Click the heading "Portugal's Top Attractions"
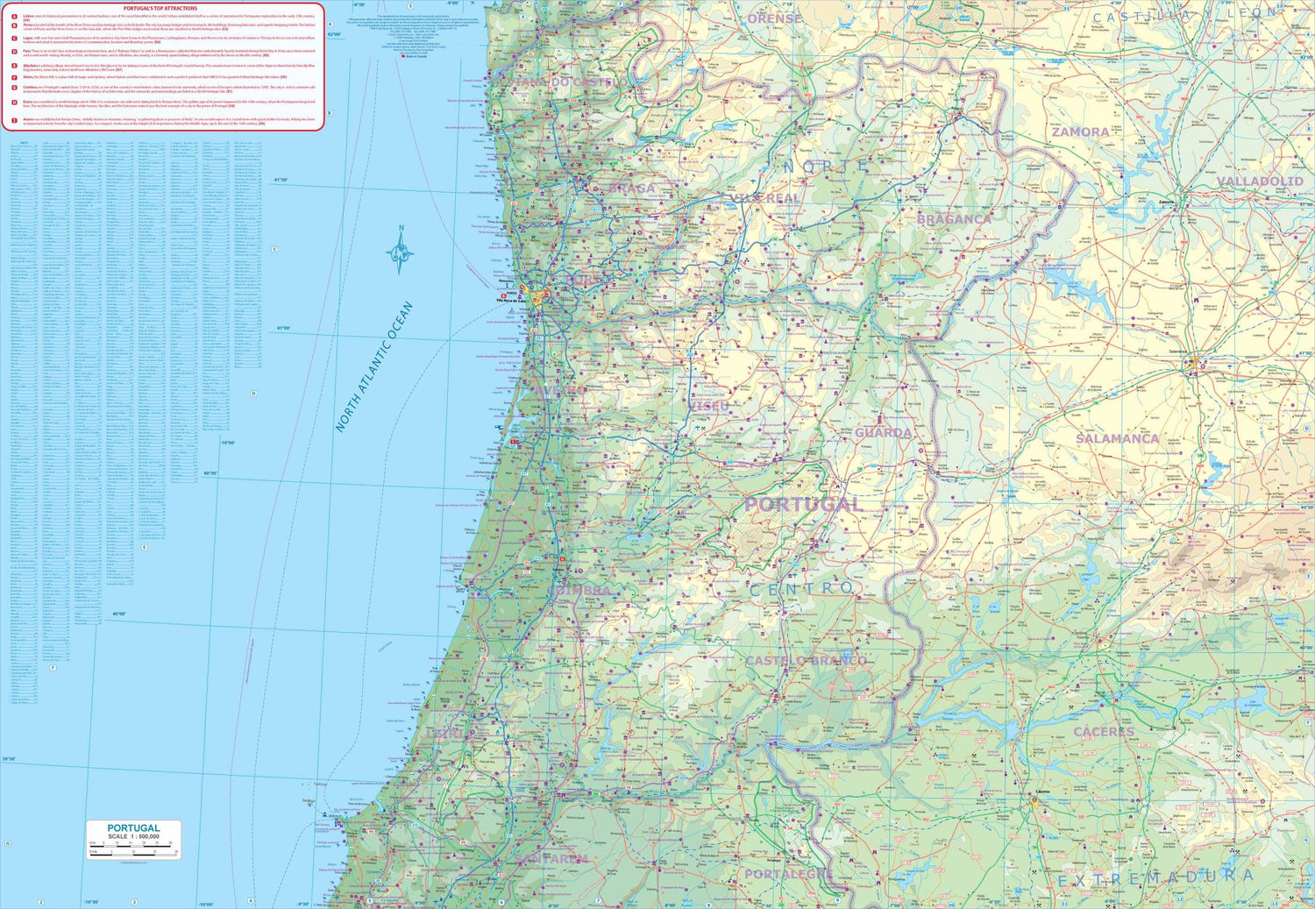160,8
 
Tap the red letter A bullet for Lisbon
14,17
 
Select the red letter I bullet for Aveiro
14,119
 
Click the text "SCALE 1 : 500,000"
133,837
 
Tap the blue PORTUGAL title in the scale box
133,827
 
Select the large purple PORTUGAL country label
804,504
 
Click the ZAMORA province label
1081,132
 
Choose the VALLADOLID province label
1259,181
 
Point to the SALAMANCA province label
1118,438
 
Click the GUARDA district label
883,433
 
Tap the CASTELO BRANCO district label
806,660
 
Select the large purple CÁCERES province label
1104,732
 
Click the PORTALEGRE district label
788,874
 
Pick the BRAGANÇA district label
954,219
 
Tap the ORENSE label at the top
774,18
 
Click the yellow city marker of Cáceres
1034,799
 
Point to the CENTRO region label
800,589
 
